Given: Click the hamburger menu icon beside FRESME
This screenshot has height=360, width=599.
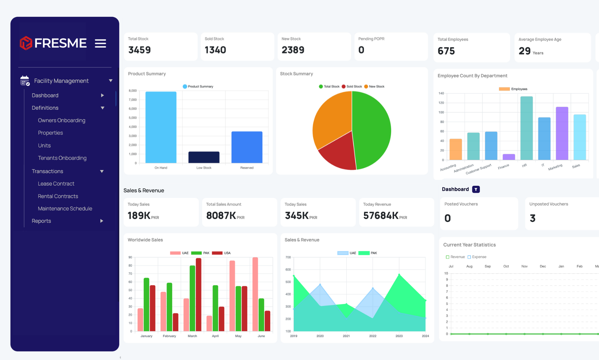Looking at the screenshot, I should click(100, 43).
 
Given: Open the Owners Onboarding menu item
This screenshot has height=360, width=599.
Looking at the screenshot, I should click(61, 120).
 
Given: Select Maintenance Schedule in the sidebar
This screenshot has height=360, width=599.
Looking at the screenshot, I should click(65, 209).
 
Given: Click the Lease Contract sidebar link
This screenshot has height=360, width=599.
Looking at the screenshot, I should click(56, 184).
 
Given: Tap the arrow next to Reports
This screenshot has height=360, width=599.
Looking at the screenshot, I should click(101, 221).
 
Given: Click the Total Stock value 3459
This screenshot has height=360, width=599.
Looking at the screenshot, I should click(139, 50).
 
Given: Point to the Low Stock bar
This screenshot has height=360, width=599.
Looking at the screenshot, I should click(204, 157).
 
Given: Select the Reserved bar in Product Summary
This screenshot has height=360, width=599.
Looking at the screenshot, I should click(247, 147).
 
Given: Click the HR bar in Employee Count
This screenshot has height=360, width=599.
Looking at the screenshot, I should click(526, 128).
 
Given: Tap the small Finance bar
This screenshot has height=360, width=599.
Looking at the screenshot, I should click(509, 157).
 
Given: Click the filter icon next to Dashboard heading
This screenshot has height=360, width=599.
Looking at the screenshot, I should click(476, 190).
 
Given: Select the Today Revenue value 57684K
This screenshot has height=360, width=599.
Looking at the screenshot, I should click(381, 215).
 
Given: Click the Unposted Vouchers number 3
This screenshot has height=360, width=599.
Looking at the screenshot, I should click(533, 218).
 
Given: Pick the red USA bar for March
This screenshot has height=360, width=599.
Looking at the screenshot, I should click(198, 294).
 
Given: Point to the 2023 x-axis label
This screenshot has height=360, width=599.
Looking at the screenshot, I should click(399, 336).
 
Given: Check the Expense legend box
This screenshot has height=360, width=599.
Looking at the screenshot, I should click(469, 257).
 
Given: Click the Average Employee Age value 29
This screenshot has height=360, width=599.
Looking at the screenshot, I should click(524, 51).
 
